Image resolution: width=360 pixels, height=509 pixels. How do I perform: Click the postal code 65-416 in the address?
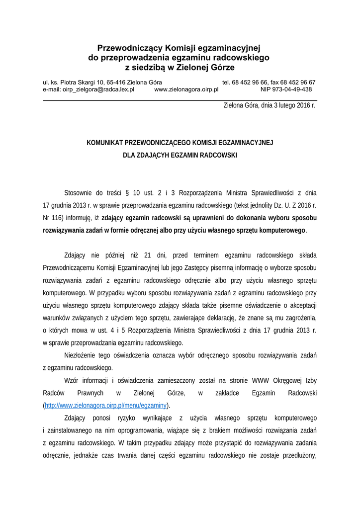[116, 83]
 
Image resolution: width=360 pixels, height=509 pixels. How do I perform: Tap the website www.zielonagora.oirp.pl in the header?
[186, 90]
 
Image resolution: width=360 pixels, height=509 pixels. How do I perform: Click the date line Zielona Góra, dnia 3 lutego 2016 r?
[270, 105]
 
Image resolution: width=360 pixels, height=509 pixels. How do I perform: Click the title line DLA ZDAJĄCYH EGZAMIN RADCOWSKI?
[180, 156]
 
